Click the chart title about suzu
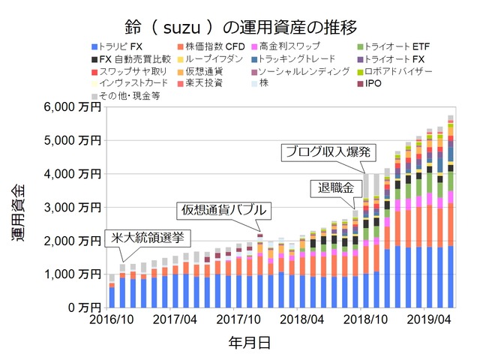coord(239,28)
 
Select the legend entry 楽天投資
coord(202,82)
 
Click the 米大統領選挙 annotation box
coord(147,238)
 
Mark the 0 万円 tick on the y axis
coord(84,307)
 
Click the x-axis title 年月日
coord(249,343)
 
